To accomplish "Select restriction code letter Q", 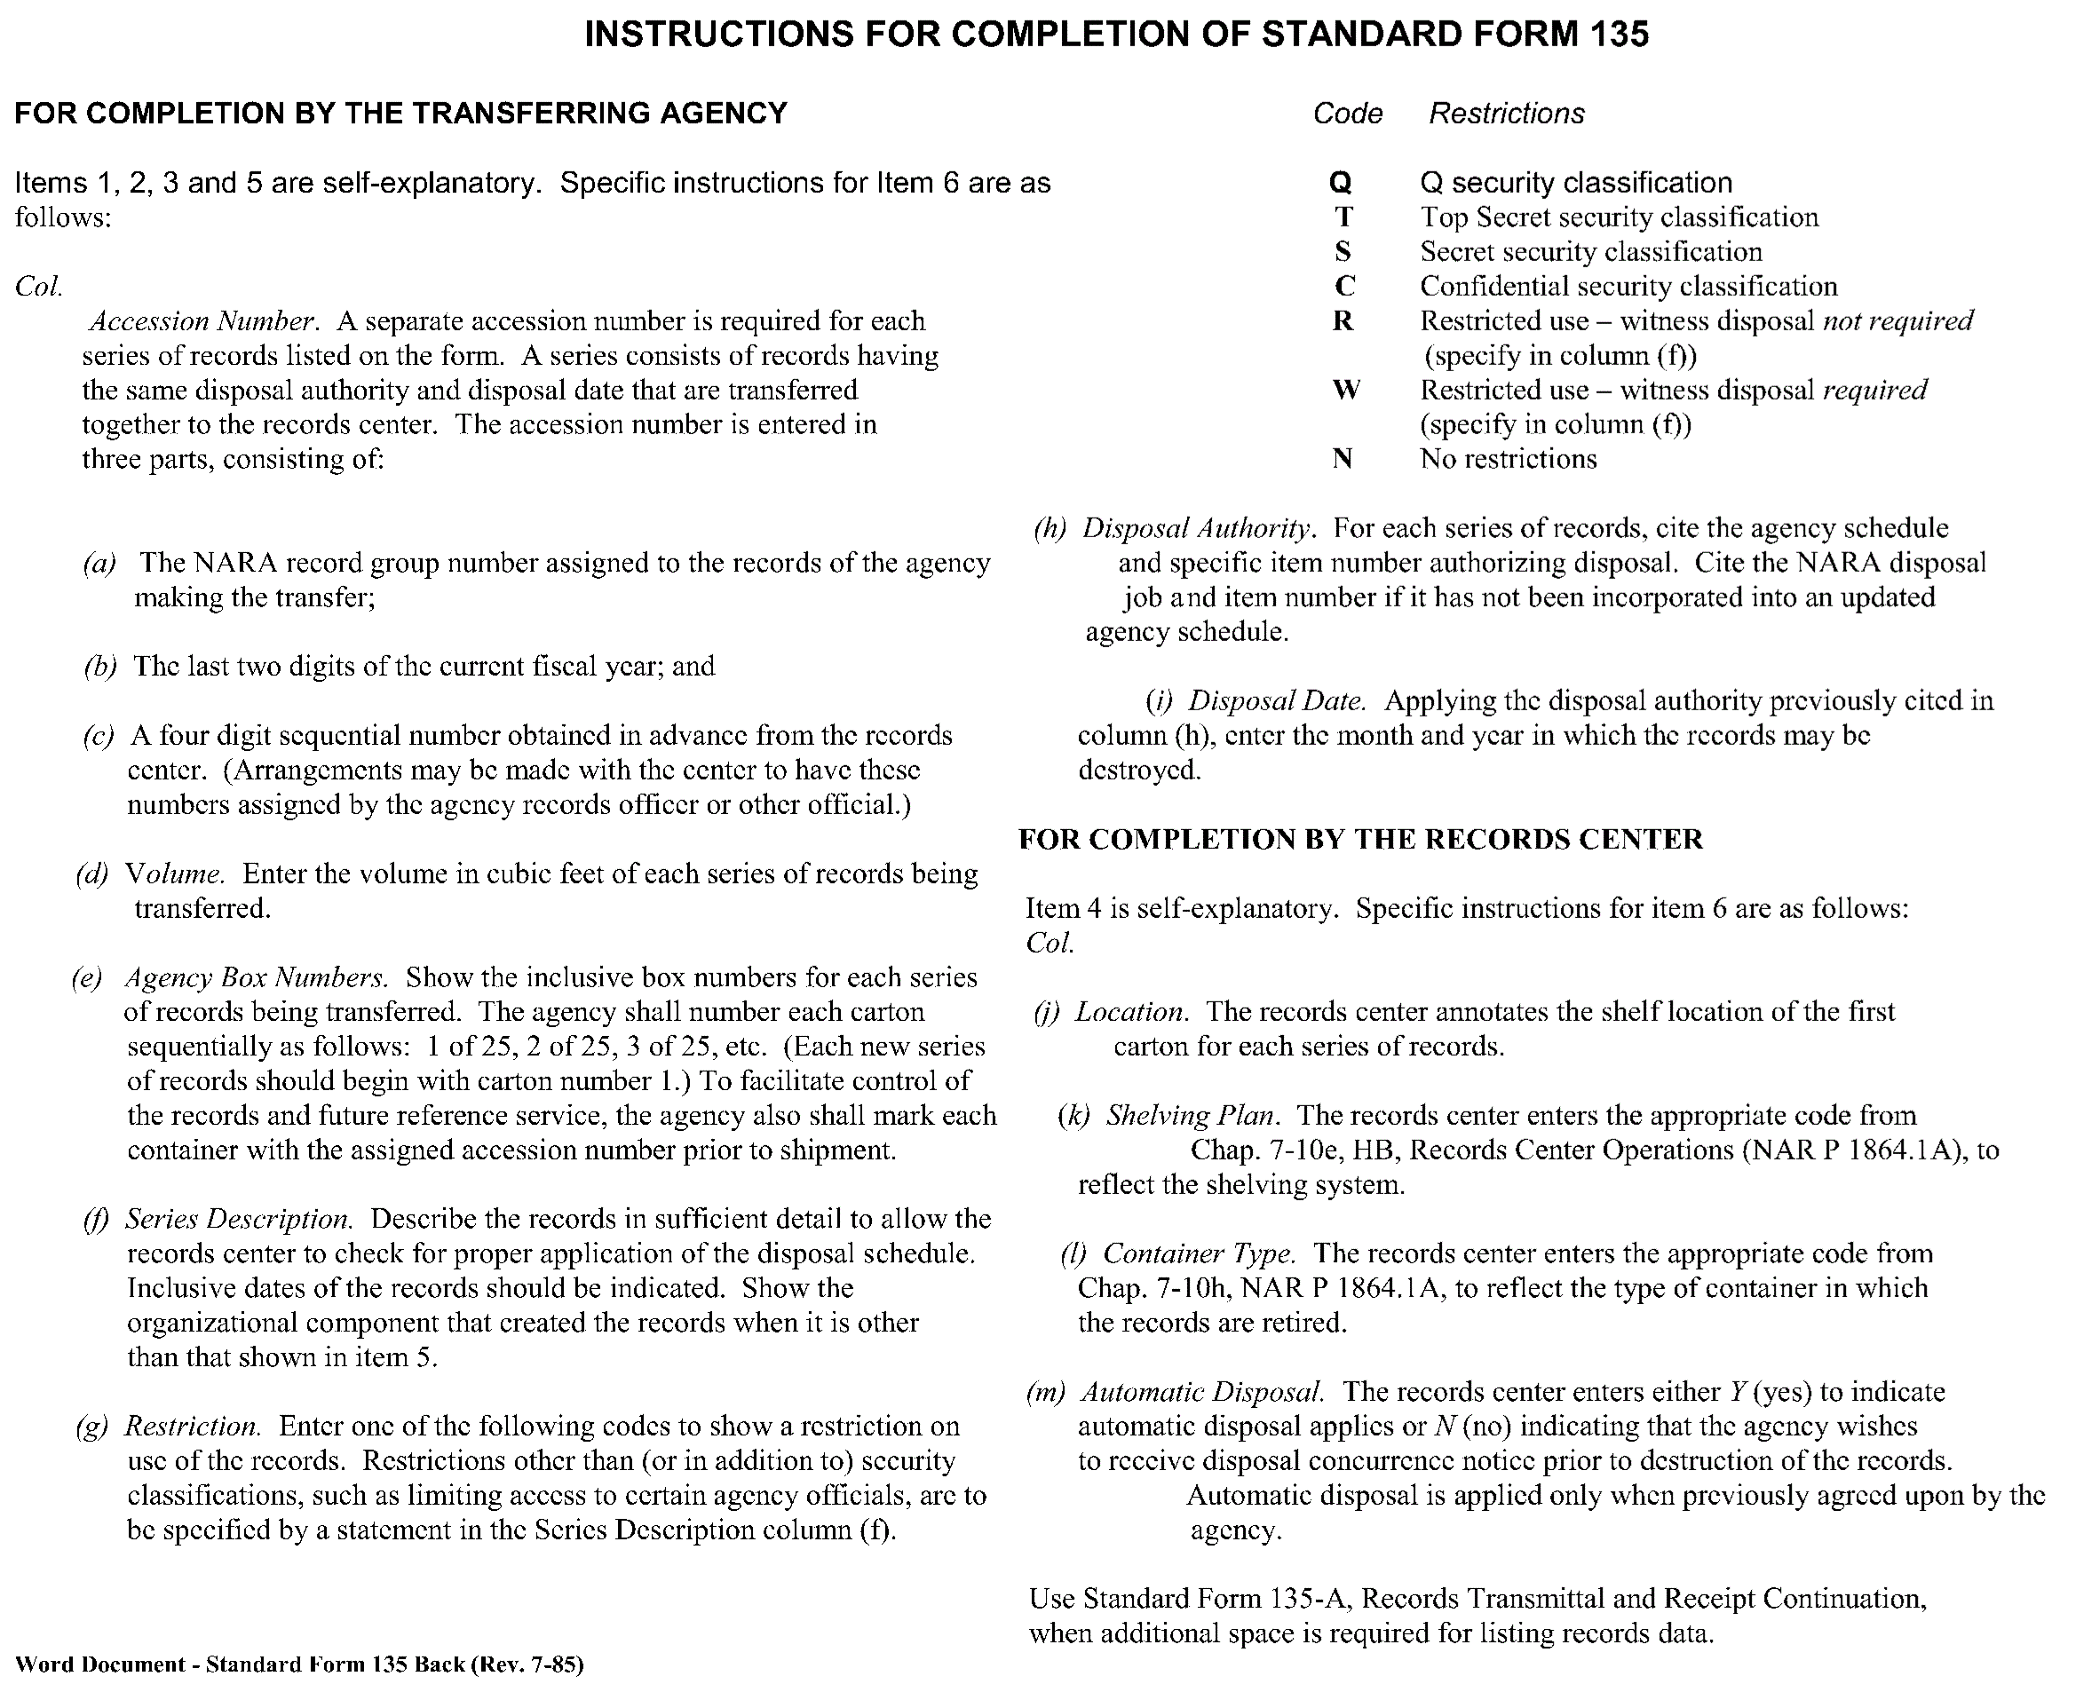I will pos(1341,183).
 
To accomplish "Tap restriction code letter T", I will pos(1343,217).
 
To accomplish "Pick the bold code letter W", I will pos(1345,390).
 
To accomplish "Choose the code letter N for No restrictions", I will pos(1343,459).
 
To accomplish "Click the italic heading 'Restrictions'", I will pos(1506,114).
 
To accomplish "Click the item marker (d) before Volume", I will pos(91,874).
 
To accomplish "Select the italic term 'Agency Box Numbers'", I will pos(257,977).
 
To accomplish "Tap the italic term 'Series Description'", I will pos(239,1220).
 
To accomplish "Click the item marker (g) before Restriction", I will pos(91,1427).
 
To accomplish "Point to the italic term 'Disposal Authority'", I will pos(1200,528).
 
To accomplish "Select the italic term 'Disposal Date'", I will pos(1276,700).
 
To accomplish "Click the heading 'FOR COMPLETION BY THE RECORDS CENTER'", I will pos(1360,839).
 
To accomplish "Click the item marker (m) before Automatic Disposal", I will pos(1046,1392).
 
